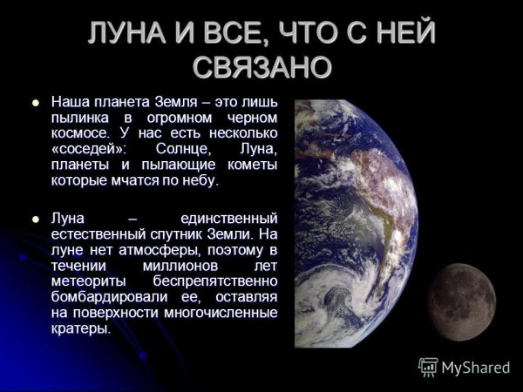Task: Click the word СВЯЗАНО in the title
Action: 261,67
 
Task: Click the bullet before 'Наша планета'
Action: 36,103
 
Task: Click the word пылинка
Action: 83,118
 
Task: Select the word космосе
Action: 80,133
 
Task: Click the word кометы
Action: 251,165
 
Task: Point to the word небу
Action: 199,180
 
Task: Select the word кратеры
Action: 80,328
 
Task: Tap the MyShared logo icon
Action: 428,367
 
